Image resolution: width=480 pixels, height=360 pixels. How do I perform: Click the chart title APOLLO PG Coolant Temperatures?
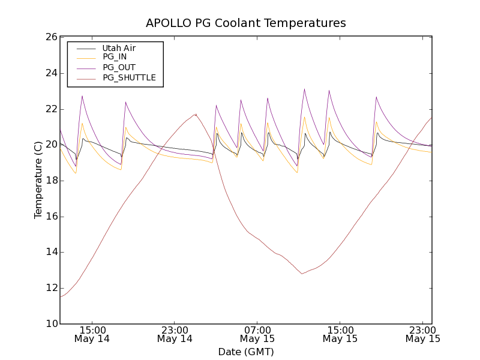[246, 23]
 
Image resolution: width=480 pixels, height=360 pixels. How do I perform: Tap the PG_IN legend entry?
[115, 57]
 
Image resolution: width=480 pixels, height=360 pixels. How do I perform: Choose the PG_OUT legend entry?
[119, 67]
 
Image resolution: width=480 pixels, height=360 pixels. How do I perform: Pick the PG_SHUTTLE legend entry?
[129, 77]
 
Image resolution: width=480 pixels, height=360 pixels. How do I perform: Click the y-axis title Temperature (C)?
[38, 180]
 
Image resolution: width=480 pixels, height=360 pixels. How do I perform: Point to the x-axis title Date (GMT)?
[246, 352]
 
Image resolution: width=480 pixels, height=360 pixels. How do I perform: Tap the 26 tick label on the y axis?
[50, 37]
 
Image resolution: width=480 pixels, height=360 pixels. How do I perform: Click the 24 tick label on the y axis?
[50, 73]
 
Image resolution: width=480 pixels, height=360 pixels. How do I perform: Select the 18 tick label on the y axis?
[50, 181]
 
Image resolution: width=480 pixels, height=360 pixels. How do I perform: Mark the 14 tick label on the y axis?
[50, 252]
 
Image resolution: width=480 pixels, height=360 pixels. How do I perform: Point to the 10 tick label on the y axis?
[50, 324]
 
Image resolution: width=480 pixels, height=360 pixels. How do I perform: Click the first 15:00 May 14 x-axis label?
[92, 334]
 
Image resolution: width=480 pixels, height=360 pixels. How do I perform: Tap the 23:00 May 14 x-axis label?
[175, 334]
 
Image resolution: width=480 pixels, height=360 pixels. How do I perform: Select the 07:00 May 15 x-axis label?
[257, 334]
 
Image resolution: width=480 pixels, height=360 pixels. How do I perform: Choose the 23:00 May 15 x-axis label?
[423, 334]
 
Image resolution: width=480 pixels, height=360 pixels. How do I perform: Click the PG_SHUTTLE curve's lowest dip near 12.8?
[302, 274]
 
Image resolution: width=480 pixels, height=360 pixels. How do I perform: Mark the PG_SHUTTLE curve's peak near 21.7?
[195, 114]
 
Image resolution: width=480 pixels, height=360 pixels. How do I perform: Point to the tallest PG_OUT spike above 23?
[304, 89]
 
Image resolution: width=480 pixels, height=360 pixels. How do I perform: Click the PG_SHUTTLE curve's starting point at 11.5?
[61, 297]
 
